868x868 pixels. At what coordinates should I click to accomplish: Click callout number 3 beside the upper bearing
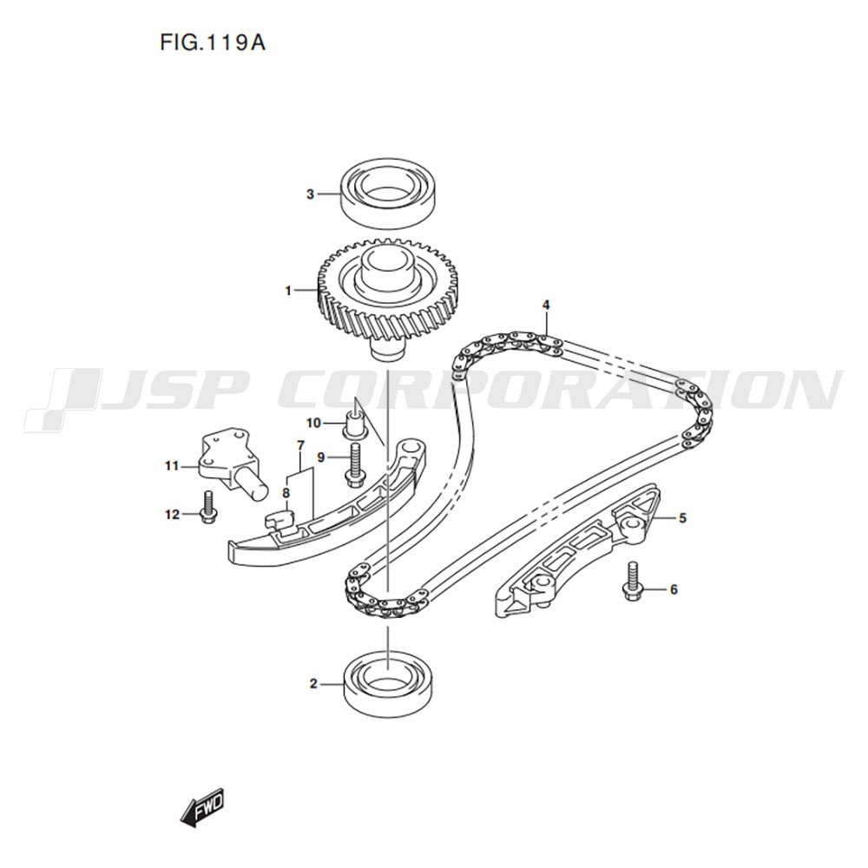pos(310,194)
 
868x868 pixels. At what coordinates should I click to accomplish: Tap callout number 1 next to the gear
pos(288,292)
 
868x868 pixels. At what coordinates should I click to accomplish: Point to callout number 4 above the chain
pos(546,305)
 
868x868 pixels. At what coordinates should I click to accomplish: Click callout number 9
pos(320,457)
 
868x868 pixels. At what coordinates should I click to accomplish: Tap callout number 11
pos(172,466)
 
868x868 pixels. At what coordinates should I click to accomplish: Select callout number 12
pos(172,515)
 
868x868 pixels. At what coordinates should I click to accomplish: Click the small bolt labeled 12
pos(207,509)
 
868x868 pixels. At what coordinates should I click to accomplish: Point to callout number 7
pos(300,446)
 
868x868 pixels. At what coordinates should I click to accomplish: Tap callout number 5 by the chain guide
pos(682,518)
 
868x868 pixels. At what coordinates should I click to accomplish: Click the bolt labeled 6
pos(631,582)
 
